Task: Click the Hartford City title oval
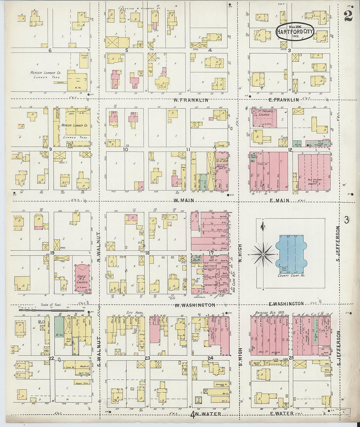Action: coord(295,31)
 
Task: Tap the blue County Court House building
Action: coord(291,254)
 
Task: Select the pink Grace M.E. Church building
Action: coord(82,278)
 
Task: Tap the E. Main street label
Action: coord(279,201)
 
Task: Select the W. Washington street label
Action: coord(194,305)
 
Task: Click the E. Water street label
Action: coord(282,414)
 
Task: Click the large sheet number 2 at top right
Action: coord(348,16)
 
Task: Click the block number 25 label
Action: coord(291,358)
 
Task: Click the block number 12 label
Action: coord(290,150)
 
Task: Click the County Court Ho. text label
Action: coord(291,276)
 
